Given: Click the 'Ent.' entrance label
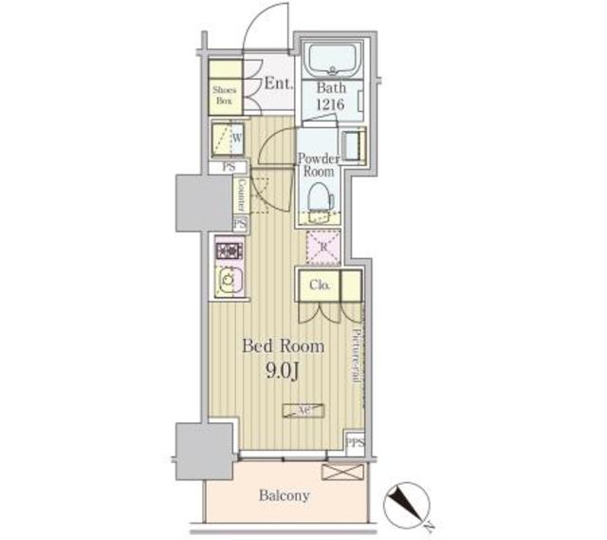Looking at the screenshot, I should point(278,84).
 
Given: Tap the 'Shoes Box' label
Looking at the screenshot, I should point(224,93).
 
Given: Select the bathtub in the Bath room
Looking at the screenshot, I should point(331,61).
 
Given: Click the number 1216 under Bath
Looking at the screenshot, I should point(331,104).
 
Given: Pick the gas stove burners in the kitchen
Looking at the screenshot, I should point(229,251).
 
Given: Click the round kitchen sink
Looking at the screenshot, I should point(228,282).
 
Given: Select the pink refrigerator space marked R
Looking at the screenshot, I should point(322,247).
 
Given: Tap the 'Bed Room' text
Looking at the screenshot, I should point(284,346).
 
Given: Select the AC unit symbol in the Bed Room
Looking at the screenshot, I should point(303,410).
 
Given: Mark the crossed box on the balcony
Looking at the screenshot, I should point(339,472).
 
